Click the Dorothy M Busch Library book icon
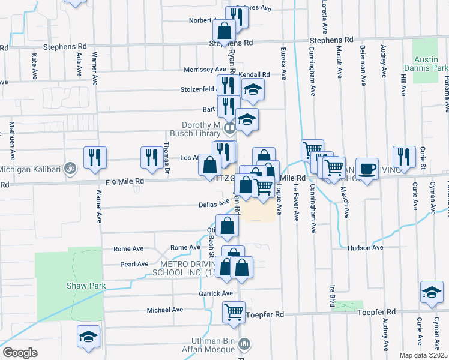coord(229,128)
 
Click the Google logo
coord(20,352)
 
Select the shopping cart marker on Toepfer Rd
coord(233,311)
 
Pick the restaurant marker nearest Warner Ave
coord(95,157)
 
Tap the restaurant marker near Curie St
coord(404,157)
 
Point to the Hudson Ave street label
coord(365,247)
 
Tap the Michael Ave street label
coord(165,310)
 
